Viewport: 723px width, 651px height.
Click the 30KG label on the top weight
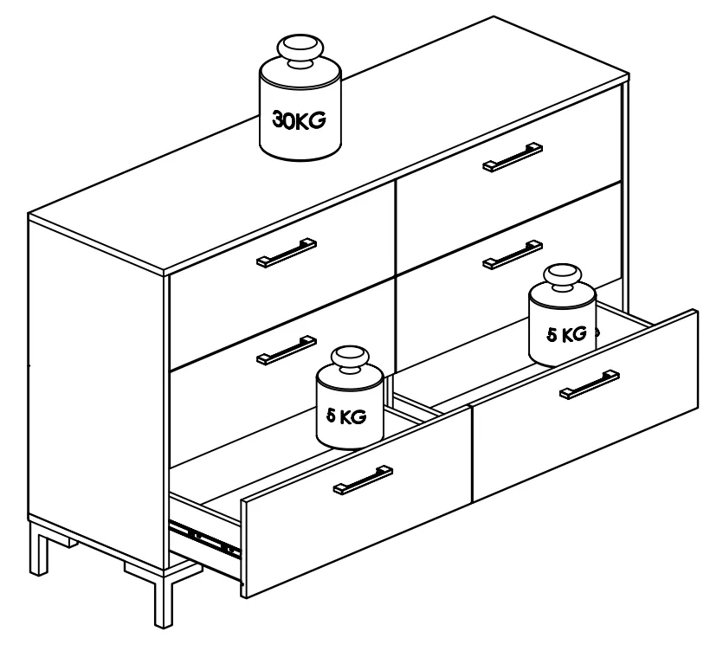[x=299, y=120]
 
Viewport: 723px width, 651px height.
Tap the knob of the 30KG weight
[x=300, y=49]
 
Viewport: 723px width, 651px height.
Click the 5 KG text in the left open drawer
[x=346, y=416]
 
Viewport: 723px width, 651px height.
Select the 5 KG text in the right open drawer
[x=566, y=334]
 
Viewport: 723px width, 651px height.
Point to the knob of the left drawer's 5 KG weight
[x=350, y=359]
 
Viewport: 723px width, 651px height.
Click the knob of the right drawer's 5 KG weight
[x=563, y=277]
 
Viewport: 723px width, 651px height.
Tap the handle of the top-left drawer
[x=287, y=253]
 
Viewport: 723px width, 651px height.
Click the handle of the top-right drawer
[x=513, y=157]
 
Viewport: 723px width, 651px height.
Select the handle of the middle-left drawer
[x=287, y=350]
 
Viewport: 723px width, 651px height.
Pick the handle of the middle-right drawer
[x=513, y=254]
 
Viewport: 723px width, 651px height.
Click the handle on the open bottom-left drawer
[x=363, y=480]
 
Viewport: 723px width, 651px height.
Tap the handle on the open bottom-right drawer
[x=590, y=384]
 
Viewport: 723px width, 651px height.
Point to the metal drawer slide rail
[x=205, y=538]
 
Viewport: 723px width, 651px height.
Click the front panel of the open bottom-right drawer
[x=585, y=406]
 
